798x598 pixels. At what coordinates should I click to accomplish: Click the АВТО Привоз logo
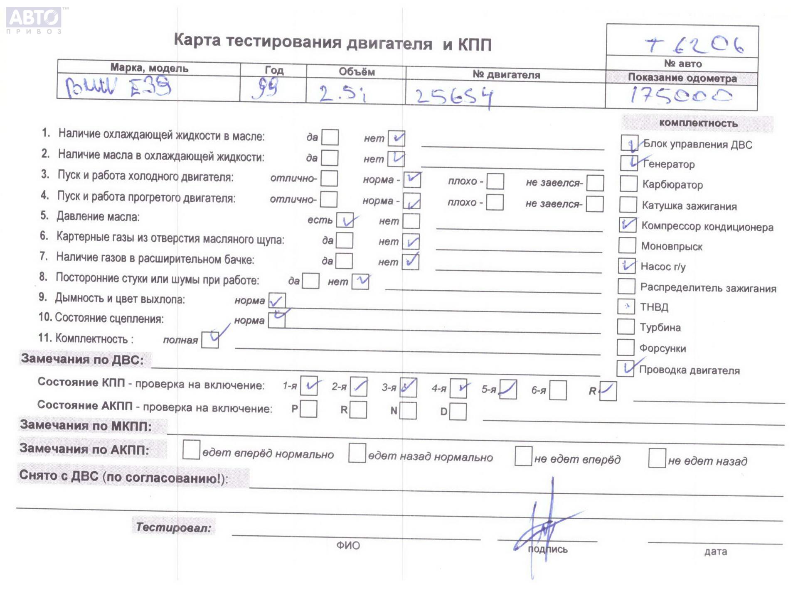pyautogui.click(x=34, y=20)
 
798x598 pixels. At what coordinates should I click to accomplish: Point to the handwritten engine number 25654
pyautogui.click(x=454, y=97)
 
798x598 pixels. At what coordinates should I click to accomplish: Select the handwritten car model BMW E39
pyautogui.click(x=118, y=88)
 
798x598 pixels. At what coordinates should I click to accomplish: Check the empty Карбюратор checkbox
pyautogui.click(x=628, y=184)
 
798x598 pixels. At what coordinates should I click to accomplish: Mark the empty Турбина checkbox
pyautogui.click(x=626, y=326)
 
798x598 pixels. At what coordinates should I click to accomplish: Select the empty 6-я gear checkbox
pyautogui.click(x=558, y=390)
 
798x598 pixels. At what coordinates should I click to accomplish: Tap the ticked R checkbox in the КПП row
pyautogui.click(x=608, y=391)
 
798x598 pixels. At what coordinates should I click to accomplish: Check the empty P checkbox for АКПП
pyautogui.click(x=308, y=409)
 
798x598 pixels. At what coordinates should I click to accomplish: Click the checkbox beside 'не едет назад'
pyautogui.click(x=657, y=458)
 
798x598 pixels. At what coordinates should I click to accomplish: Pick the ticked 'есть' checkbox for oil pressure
pyautogui.click(x=345, y=220)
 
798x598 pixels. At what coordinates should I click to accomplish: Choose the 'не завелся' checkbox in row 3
pyautogui.click(x=595, y=183)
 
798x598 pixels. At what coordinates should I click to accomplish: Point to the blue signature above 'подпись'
pyautogui.click(x=544, y=527)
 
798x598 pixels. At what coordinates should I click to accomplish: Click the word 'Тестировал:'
pyautogui.click(x=174, y=527)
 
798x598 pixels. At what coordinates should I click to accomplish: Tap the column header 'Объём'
pyautogui.click(x=357, y=72)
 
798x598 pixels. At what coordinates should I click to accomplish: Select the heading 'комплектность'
pyautogui.click(x=698, y=123)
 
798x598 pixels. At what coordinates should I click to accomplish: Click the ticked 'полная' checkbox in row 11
pyautogui.click(x=210, y=340)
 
